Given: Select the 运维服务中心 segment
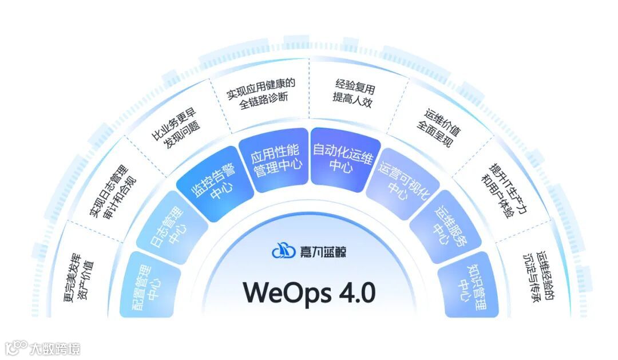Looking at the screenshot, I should (445, 226).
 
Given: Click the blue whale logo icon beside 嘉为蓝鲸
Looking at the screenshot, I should (284, 251).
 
